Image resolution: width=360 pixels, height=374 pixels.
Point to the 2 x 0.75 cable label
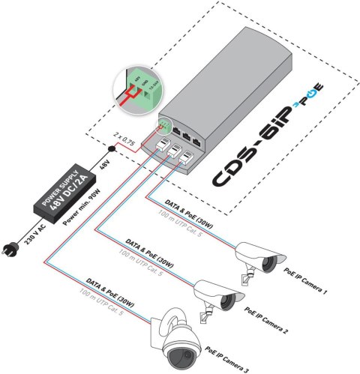[123, 138]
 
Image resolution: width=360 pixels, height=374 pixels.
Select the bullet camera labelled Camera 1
[258, 258]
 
